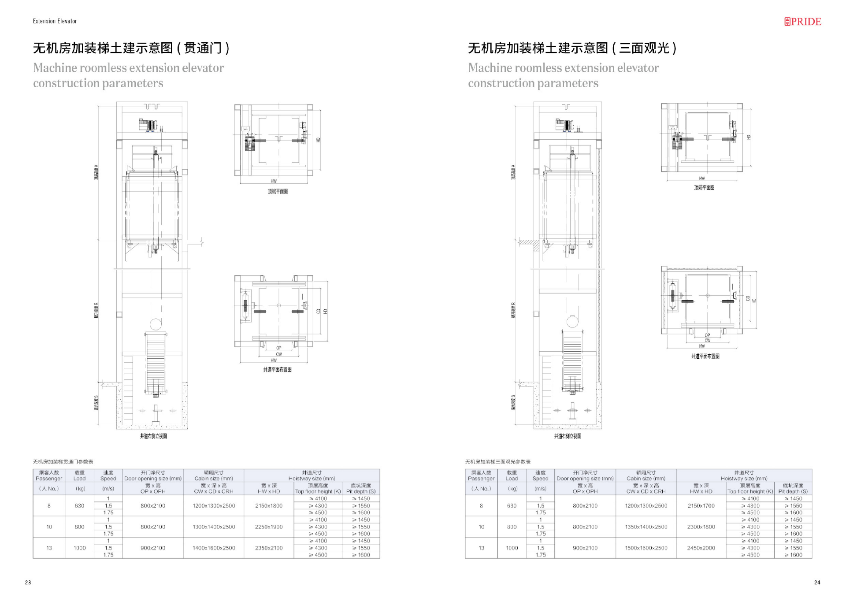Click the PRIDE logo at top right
(802, 22)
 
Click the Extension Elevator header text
(55, 21)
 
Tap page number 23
(28, 582)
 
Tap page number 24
(817, 582)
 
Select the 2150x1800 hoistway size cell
(269, 505)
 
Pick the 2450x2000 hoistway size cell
(701, 548)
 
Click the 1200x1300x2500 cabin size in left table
(214, 505)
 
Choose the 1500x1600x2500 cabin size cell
(646, 548)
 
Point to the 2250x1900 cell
(269, 527)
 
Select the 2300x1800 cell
(701, 527)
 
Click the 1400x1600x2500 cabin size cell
(214, 548)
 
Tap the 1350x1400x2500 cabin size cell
(646, 527)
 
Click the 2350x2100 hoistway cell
(269, 548)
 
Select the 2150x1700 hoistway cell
(701, 505)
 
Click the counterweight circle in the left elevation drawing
(156, 324)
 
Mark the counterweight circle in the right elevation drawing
(572, 321)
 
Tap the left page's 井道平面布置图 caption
(277, 370)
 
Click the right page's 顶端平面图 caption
(704, 188)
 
